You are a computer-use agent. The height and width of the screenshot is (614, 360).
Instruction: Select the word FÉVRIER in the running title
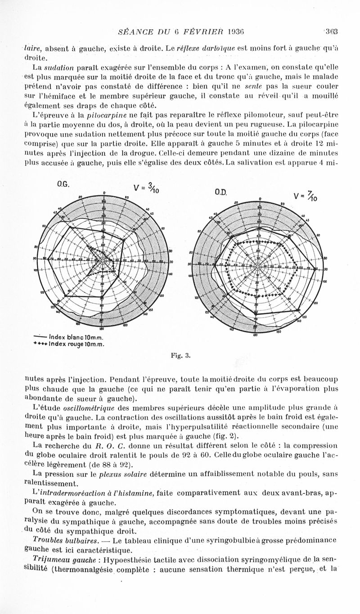point(200,32)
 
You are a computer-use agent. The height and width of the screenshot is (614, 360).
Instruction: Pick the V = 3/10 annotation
point(146,188)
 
